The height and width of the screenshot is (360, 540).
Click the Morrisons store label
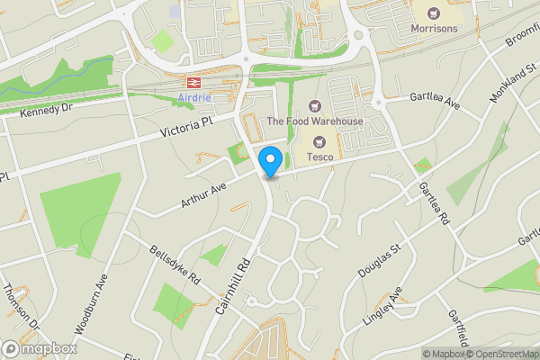434,28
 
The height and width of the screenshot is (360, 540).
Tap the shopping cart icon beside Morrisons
435,13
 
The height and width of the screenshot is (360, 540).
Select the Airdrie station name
183,98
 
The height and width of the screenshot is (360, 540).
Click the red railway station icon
193,82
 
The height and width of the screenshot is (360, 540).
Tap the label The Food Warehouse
315,121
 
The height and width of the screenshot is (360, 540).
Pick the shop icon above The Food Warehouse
314,106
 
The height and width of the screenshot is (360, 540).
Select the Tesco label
321,157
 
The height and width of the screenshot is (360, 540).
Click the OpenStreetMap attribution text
499,354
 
